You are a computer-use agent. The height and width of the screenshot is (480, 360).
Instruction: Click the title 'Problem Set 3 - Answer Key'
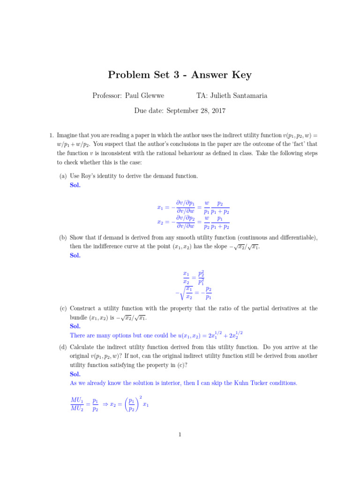click(180, 75)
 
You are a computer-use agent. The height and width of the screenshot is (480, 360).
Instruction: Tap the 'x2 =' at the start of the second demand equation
click(163, 222)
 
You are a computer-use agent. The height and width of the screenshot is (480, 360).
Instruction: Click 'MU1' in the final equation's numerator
click(77, 399)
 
